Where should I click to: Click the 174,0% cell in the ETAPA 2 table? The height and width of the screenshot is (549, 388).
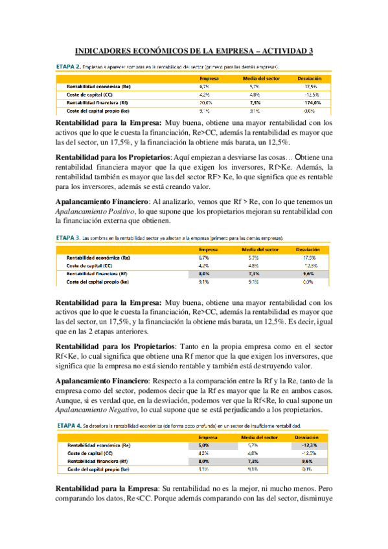313,102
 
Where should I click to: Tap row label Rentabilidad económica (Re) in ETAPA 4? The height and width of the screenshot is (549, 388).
98,445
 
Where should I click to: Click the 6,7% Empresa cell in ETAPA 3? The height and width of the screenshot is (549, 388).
203,257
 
